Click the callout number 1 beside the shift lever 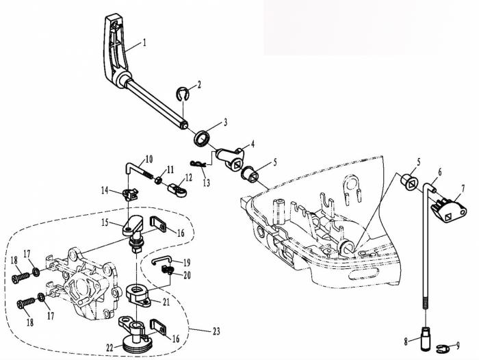144,42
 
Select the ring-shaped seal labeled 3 203,138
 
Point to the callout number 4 253,144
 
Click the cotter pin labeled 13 198,164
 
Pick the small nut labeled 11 158,181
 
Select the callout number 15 105,222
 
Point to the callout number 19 187,263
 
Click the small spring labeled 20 168,269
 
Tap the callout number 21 166,302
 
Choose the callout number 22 110,348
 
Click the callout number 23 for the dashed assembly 216,331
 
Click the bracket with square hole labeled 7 449,210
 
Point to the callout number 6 439,172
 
